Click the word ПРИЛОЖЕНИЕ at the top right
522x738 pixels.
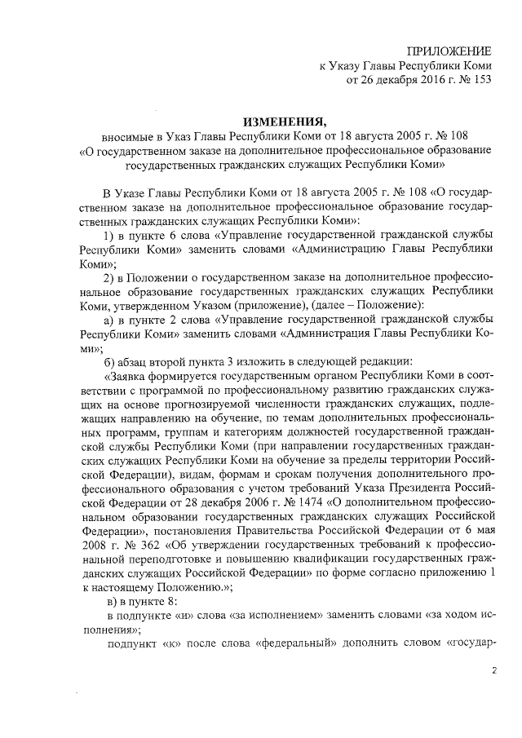[450, 51]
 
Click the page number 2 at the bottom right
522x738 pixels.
[493, 670]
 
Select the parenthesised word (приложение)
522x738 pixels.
[261, 310]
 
